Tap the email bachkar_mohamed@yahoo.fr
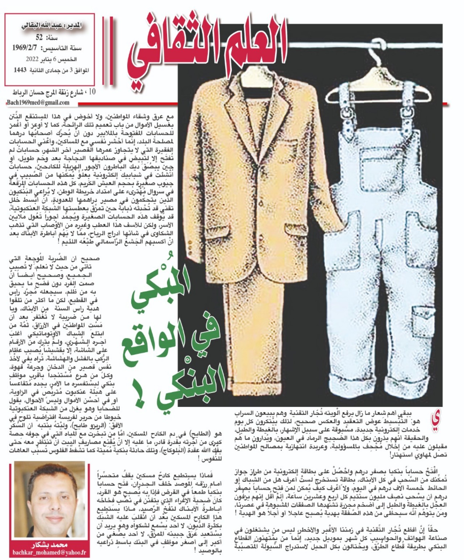tap(49, 552)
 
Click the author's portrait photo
tap(50, 500)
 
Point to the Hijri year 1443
tap(20, 70)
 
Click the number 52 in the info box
tap(39, 37)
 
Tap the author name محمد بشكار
tap(50, 545)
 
